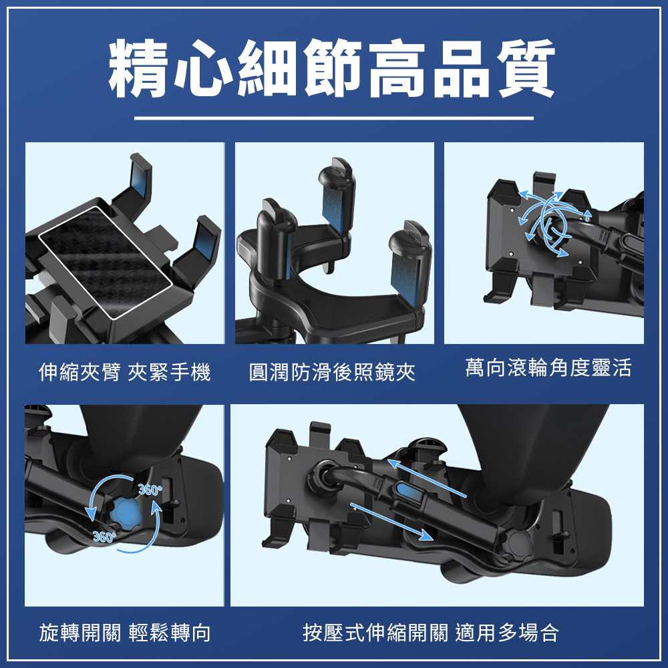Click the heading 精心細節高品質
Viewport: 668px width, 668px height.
click(333, 68)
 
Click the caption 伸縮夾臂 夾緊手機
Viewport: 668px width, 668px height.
click(125, 372)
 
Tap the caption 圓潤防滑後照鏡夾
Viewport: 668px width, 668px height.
click(332, 372)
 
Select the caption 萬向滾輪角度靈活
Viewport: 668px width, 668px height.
click(548, 367)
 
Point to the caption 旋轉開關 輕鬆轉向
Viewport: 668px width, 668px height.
click(125, 632)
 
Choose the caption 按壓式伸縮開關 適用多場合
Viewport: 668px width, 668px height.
click(431, 632)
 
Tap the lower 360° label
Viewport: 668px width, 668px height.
click(104, 536)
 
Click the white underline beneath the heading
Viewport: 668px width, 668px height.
click(333, 118)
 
